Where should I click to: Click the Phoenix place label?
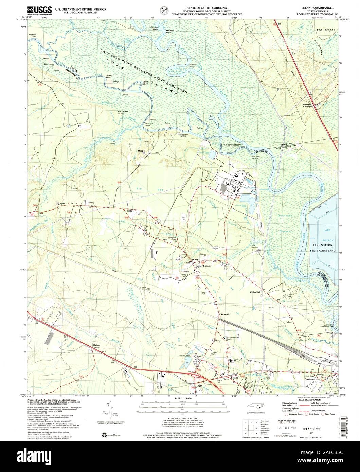(206, 266)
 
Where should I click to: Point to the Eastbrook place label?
(224, 315)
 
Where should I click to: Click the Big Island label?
(326, 30)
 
